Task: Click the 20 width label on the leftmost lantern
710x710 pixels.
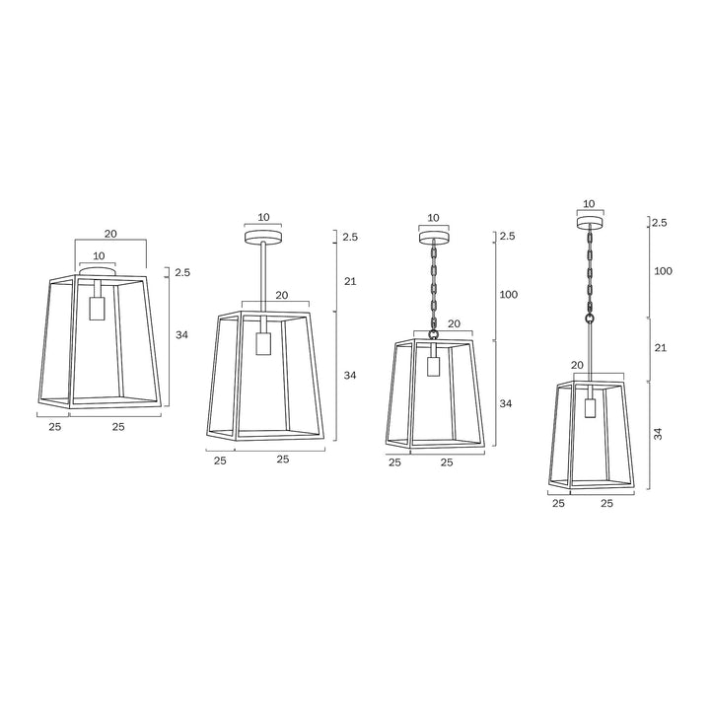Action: pyautogui.click(x=110, y=234)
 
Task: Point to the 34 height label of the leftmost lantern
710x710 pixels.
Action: pyautogui.click(x=181, y=335)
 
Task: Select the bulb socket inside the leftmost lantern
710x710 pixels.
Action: pyautogui.click(x=97, y=308)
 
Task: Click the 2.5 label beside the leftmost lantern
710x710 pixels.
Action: pyautogui.click(x=181, y=273)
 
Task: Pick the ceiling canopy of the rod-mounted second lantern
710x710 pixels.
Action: pyautogui.click(x=263, y=238)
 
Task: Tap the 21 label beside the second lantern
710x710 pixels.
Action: pyautogui.click(x=350, y=282)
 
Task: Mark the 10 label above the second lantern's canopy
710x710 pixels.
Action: pyautogui.click(x=263, y=217)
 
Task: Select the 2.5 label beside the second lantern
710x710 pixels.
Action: pyautogui.click(x=350, y=238)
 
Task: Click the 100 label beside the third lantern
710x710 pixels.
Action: pyautogui.click(x=508, y=295)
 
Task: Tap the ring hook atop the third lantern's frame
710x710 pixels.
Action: pyautogui.click(x=433, y=336)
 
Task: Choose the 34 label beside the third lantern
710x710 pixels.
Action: pyautogui.click(x=506, y=403)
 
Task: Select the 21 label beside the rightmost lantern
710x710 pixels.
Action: pyautogui.click(x=661, y=348)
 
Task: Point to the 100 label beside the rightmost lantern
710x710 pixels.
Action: pyautogui.click(x=663, y=270)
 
